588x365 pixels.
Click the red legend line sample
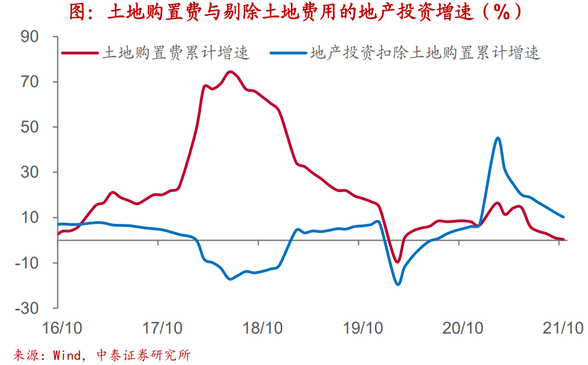[x=79, y=53]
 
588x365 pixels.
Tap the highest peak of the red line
[x=230, y=72]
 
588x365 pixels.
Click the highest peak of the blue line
[x=498, y=138]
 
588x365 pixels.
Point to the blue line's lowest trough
[x=397, y=284]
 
